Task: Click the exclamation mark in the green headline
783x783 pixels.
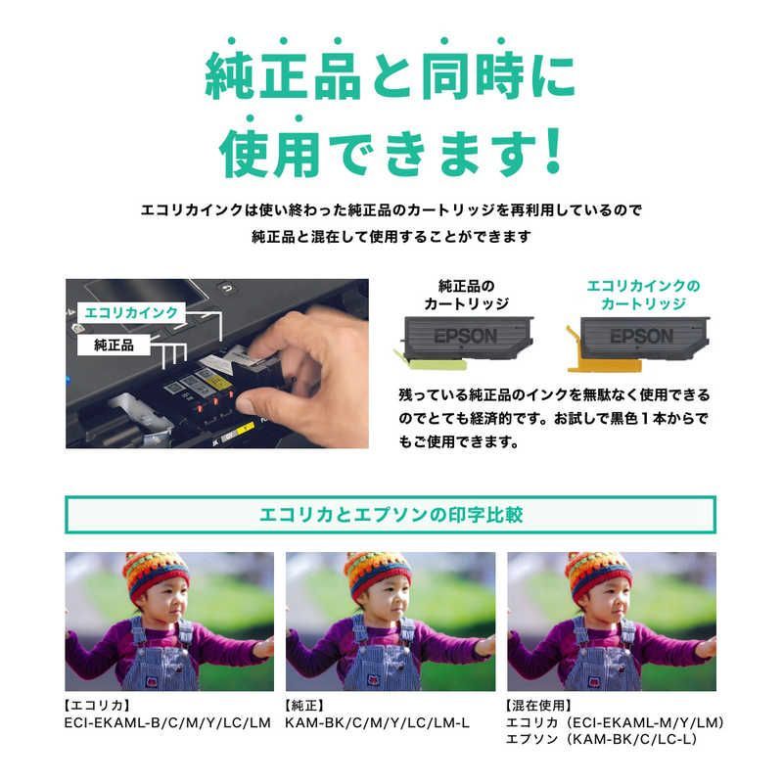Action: click(x=551, y=149)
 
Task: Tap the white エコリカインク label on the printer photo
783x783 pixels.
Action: click(x=132, y=312)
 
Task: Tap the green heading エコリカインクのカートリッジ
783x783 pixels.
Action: click(x=643, y=295)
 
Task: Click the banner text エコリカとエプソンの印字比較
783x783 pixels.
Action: click(x=391, y=514)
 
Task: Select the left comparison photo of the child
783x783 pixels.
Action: click(x=169, y=621)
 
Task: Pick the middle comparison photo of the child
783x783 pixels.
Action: click(x=391, y=621)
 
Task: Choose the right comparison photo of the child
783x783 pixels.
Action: click(x=611, y=621)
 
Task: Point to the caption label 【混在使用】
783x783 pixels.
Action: click(x=540, y=705)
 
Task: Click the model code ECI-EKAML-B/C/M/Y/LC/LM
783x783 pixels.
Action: click(x=166, y=722)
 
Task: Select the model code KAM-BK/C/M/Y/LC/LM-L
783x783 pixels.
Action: click(x=379, y=722)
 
